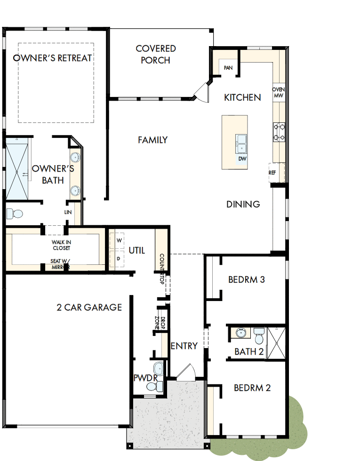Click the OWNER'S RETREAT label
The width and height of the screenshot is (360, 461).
click(52, 58)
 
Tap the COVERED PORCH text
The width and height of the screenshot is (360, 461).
click(156, 54)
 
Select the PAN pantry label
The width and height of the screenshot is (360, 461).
click(228, 68)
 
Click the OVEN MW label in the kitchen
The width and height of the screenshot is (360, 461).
click(279, 92)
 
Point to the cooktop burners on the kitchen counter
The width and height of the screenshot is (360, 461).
click(279, 132)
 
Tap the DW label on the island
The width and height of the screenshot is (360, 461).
click(242, 159)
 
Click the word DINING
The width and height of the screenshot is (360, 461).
click(243, 204)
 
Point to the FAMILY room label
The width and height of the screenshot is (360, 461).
click(153, 140)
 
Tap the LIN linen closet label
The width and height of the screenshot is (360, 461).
click(68, 212)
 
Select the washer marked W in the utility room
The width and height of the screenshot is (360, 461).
click(119, 240)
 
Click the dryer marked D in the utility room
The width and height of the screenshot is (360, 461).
click(119, 258)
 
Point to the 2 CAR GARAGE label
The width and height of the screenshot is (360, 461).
click(89, 307)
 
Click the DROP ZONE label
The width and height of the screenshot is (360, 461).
click(158, 323)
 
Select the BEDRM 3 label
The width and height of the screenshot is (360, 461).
click(247, 279)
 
